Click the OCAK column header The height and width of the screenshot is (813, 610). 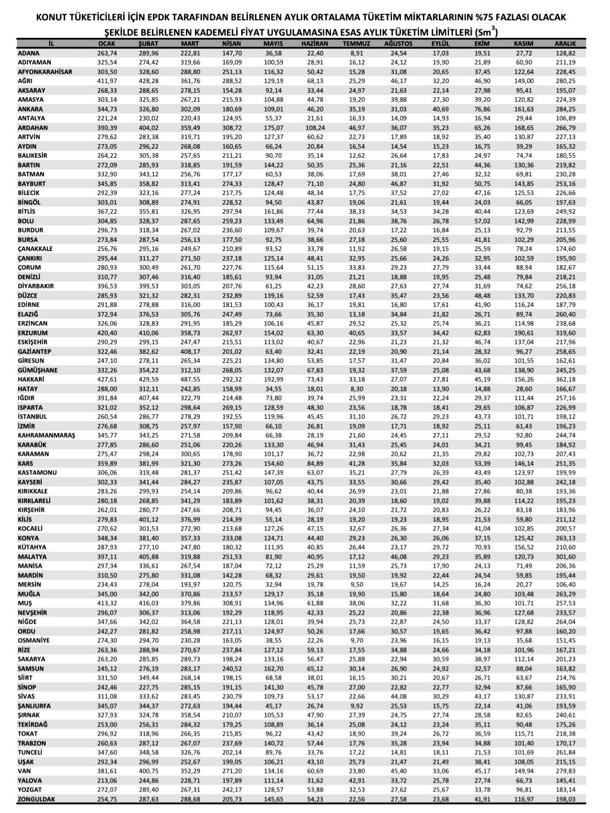click(107, 44)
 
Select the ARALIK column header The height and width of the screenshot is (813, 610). click(565, 44)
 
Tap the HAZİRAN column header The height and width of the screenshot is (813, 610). click(315, 44)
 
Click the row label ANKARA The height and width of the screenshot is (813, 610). click(30, 109)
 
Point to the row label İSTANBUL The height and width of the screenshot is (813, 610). click(32, 417)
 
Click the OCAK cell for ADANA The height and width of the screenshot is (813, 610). click(107, 53)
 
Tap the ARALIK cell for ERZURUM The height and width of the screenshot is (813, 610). click(565, 333)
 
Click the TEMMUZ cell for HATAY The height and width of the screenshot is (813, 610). click(356, 389)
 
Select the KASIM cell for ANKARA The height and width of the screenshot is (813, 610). click(524, 109)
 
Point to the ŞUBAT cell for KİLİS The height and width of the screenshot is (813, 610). click(149, 520)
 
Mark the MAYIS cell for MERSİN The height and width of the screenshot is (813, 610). click(273, 585)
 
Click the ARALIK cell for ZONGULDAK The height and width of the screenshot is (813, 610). click(565, 799)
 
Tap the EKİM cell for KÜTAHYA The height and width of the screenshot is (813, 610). click(482, 547)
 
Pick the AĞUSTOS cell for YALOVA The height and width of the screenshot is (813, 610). click(398, 780)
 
